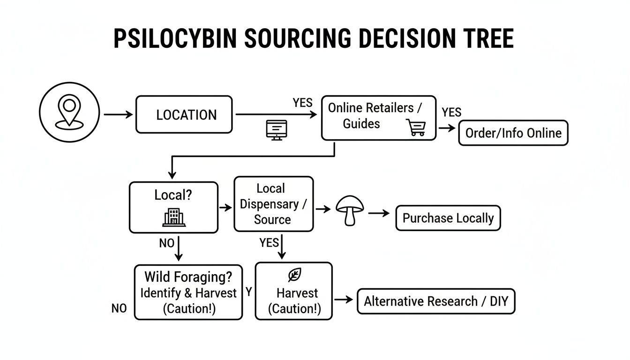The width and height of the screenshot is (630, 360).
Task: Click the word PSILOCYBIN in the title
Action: [175, 38]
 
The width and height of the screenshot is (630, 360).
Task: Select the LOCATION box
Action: [184, 115]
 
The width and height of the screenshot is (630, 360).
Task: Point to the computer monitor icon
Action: [276, 129]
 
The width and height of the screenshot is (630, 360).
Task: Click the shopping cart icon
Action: [415, 127]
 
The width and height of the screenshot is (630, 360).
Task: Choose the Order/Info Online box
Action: [513, 133]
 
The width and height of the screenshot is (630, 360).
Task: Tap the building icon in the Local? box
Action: [174, 217]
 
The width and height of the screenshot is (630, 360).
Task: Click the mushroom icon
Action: [350, 210]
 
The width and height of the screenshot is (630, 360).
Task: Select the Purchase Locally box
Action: [448, 218]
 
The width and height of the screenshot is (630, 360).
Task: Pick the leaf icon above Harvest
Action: [294, 275]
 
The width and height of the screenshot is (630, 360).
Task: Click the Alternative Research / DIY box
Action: [436, 301]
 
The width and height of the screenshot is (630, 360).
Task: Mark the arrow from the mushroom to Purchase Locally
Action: [379, 213]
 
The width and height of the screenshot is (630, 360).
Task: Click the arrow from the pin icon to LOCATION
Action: [118, 114]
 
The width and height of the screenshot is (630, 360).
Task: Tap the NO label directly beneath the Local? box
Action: [166, 243]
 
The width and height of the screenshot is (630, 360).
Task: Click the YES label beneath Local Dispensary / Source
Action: [269, 242]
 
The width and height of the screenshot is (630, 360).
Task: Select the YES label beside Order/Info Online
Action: [451, 112]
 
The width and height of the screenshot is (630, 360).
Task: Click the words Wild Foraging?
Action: [188, 277]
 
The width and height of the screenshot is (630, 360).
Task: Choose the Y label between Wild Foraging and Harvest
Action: [249, 292]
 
